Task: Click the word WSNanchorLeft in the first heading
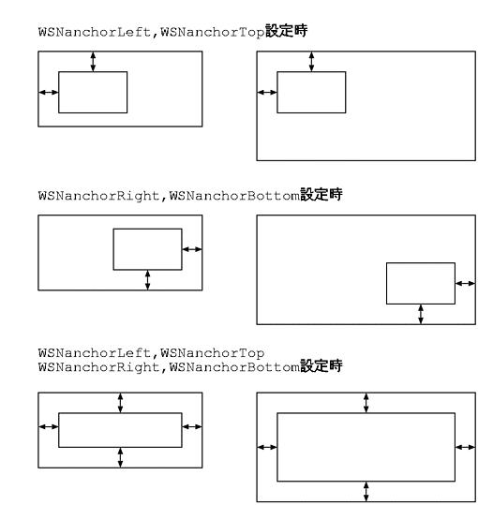pos(95,32)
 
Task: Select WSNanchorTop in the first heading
pos(213,32)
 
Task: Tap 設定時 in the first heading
pos(287,31)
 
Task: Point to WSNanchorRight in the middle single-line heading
pos(99,196)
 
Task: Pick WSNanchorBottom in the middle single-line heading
pos(234,196)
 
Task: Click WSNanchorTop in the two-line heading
pos(213,353)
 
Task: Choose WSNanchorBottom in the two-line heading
pos(234,367)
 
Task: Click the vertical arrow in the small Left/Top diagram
pos(93,62)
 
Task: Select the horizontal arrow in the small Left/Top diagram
pos(49,93)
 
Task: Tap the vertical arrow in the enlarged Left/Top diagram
pos(311,62)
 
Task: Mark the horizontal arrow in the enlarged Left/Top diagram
pos(267,93)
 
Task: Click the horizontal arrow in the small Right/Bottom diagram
pos(192,249)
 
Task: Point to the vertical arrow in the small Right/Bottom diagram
pos(147,280)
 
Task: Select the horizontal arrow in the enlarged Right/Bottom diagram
pos(466,283)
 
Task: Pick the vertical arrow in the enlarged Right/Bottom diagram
pos(421,314)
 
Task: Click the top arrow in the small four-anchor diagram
pos(120,403)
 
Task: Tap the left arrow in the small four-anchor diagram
pos(49,426)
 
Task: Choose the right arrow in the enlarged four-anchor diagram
pos(466,447)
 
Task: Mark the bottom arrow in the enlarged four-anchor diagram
pos(366,492)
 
